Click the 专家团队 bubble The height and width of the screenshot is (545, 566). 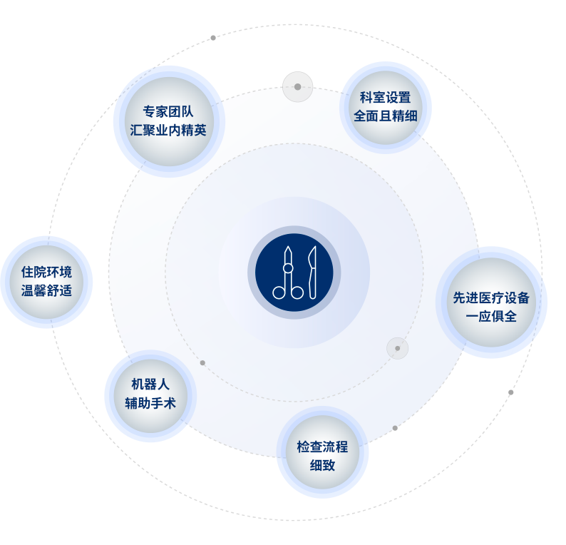169,121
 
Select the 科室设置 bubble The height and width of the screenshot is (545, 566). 385,107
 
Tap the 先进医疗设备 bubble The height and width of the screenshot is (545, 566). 491,302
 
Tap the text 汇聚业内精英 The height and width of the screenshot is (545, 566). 169,131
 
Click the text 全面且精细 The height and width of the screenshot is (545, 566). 385,116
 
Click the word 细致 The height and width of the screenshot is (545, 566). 322,466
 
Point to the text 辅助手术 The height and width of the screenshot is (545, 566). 150,404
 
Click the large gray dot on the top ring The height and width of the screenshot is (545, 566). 297,87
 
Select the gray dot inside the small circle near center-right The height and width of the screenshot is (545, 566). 398,348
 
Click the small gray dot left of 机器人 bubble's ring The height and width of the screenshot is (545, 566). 202,363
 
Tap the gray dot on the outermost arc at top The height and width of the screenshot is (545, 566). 213,38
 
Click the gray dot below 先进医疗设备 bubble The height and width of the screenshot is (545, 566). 510,392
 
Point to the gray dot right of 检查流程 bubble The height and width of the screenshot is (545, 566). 395,428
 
